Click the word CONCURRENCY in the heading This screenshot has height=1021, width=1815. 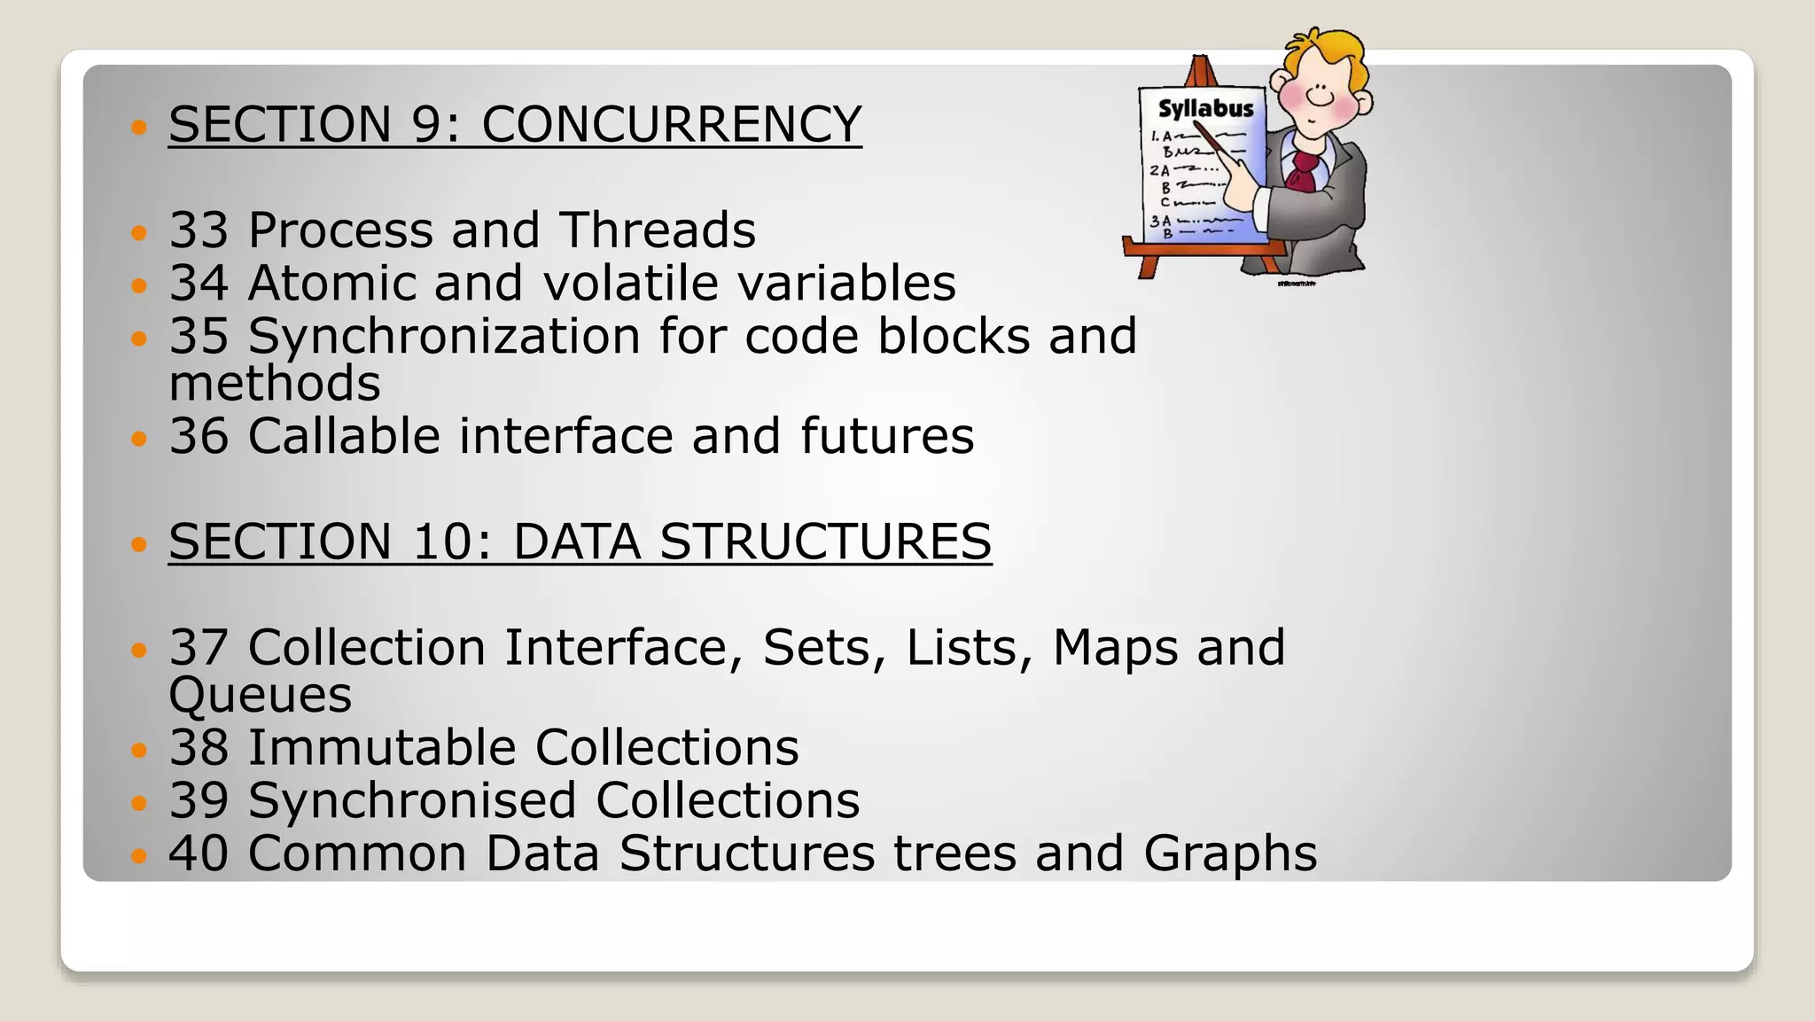(x=671, y=123)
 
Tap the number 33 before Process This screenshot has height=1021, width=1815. (x=199, y=230)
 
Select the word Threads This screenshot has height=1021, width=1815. (x=657, y=230)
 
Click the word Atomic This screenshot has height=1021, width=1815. (x=331, y=284)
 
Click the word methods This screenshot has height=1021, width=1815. (x=275, y=383)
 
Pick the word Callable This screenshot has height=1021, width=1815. (x=344, y=436)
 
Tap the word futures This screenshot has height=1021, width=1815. (x=886, y=436)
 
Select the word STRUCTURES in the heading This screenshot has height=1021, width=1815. (x=825, y=542)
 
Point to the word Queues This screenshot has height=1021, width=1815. (x=260, y=695)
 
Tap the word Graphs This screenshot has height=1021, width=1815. (x=1229, y=853)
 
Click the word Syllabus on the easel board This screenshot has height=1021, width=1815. (x=1206, y=109)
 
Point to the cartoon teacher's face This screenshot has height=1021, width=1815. (x=1319, y=89)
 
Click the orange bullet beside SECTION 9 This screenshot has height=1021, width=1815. (x=137, y=128)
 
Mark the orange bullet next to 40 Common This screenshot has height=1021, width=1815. (x=137, y=856)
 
